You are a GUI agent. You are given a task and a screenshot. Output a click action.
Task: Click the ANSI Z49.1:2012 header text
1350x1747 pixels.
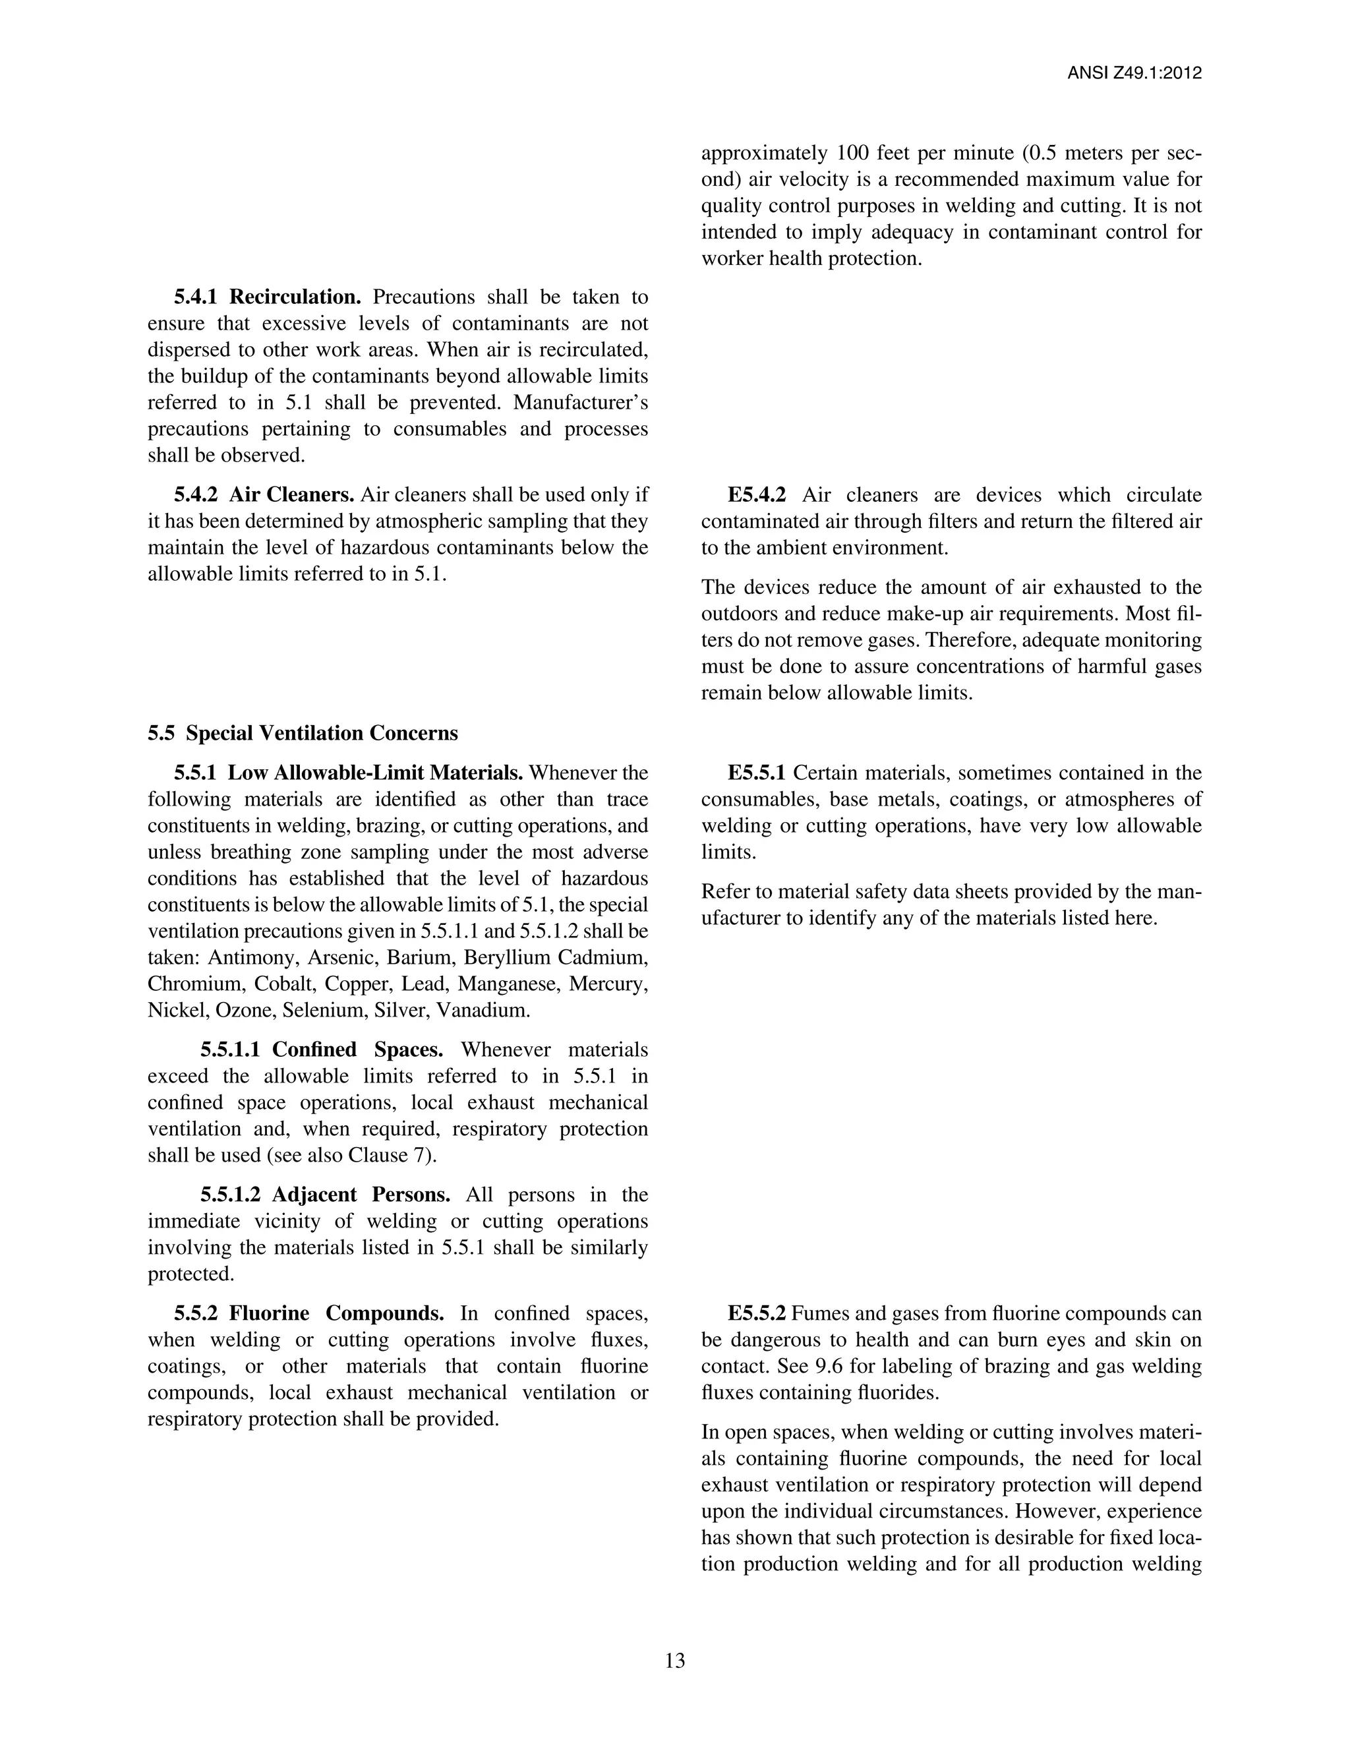point(1134,74)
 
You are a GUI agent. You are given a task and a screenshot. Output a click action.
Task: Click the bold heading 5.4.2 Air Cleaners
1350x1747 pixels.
point(264,495)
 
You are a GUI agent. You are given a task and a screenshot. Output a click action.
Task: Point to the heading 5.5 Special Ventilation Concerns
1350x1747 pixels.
point(303,734)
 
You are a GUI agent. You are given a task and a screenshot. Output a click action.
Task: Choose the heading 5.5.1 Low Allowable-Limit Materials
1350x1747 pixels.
point(348,773)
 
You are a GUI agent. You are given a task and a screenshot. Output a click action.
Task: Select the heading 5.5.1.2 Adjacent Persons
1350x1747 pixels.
point(325,1195)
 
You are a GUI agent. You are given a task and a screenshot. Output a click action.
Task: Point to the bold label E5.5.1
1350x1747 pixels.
point(757,773)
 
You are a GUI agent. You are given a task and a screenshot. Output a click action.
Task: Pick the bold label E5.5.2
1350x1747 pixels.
point(757,1313)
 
